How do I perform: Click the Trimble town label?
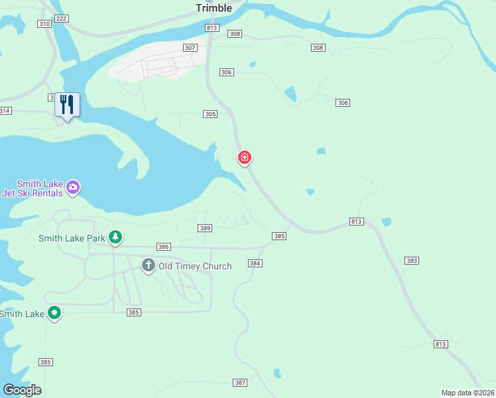click(x=214, y=8)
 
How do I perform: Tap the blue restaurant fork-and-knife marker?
click(x=67, y=105)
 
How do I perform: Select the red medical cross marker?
click(x=245, y=157)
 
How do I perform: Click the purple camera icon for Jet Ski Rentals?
click(x=74, y=188)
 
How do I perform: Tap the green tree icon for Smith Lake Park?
click(x=115, y=236)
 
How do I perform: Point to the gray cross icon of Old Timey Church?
click(x=149, y=266)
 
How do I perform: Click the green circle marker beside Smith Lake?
click(x=54, y=312)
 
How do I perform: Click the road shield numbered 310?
click(x=44, y=24)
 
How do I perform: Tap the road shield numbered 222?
click(x=62, y=19)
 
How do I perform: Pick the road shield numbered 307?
click(x=190, y=48)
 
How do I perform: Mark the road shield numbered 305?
click(x=210, y=114)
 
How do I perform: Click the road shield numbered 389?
click(x=205, y=228)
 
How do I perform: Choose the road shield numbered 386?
click(x=164, y=247)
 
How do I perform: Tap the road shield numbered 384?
click(x=255, y=263)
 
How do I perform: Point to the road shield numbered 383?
click(x=412, y=261)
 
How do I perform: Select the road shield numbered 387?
click(x=240, y=383)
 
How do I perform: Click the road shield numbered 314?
click(x=5, y=111)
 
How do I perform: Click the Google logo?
click(x=22, y=389)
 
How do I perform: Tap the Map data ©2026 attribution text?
click(x=467, y=393)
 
